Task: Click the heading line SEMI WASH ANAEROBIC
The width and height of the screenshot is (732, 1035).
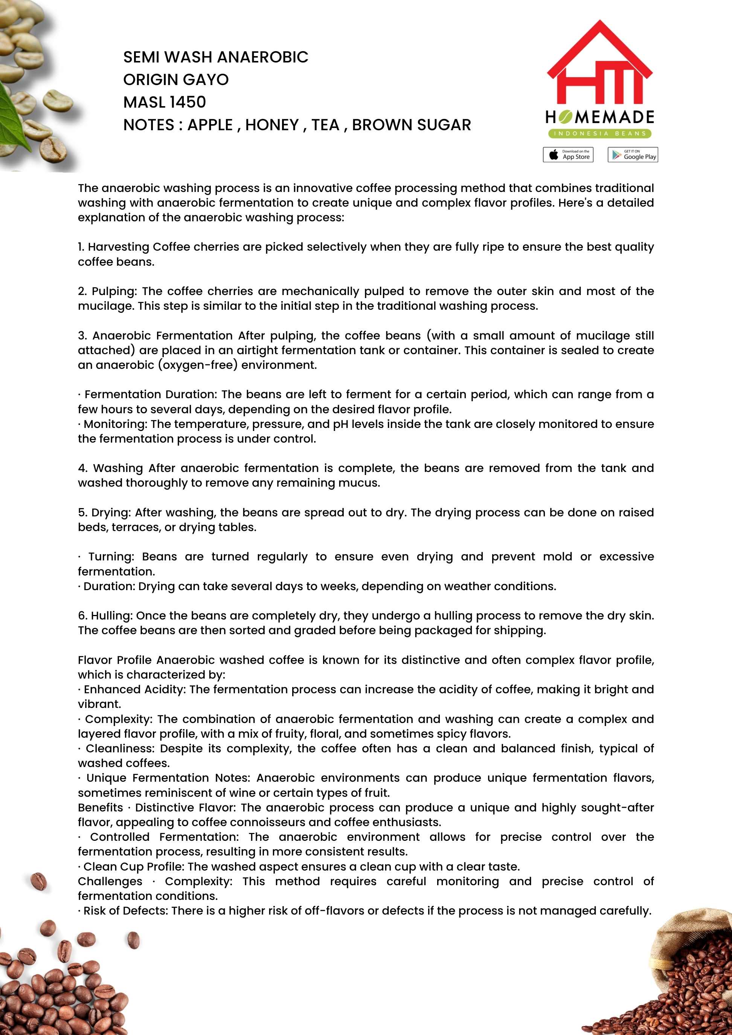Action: [x=216, y=57]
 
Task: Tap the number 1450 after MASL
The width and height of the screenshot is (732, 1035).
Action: [x=188, y=102]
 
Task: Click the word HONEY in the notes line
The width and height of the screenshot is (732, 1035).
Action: [x=272, y=125]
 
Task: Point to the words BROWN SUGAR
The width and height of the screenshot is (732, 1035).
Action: [x=411, y=125]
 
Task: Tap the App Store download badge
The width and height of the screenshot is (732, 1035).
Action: [x=568, y=155]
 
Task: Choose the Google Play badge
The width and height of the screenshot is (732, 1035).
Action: [x=632, y=155]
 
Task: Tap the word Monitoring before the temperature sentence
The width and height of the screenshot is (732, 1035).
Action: [x=115, y=424]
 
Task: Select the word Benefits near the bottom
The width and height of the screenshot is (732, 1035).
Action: [x=100, y=807]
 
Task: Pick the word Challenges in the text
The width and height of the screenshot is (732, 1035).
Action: [x=110, y=881]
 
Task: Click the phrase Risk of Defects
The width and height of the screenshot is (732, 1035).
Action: [x=125, y=910]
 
